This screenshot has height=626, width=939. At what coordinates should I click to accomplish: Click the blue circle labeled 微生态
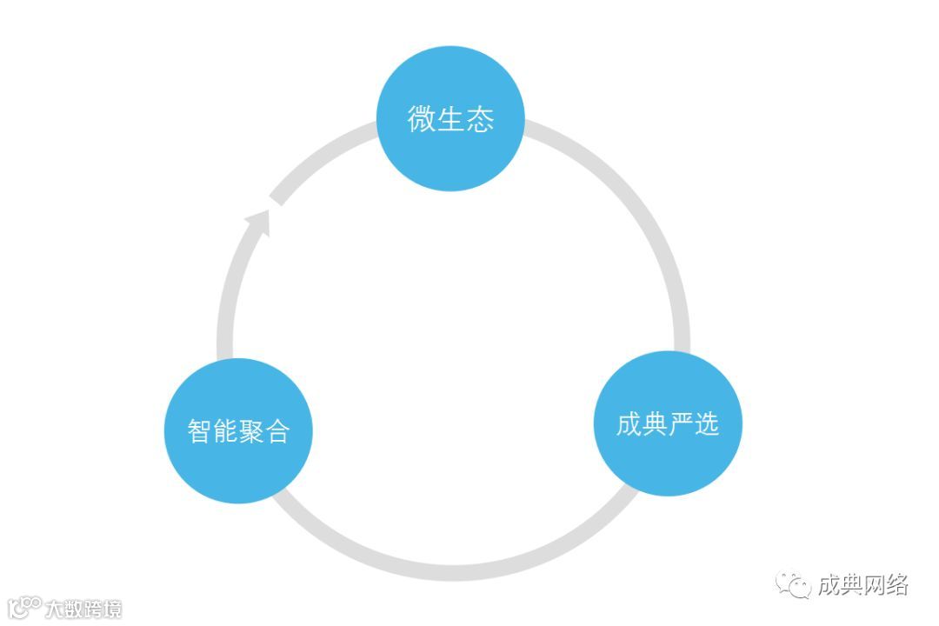(x=450, y=118)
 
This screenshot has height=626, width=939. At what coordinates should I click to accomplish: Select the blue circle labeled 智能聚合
(x=238, y=430)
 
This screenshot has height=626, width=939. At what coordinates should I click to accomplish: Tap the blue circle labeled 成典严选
(x=668, y=423)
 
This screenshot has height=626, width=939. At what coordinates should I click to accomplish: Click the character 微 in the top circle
(x=422, y=119)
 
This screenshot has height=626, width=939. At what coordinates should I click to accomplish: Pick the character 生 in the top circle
(x=450, y=119)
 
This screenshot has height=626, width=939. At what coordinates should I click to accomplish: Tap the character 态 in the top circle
(x=480, y=119)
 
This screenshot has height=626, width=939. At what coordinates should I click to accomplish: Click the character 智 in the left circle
(x=200, y=431)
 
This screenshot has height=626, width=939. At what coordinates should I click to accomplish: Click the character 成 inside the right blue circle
(x=629, y=424)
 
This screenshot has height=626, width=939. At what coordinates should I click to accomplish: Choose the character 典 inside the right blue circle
(x=655, y=424)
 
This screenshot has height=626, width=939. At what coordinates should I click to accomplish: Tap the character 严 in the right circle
(x=681, y=424)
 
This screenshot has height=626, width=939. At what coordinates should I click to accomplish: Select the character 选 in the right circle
(x=707, y=424)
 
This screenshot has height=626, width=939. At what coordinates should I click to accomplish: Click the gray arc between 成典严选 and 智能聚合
(x=452, y=570)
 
